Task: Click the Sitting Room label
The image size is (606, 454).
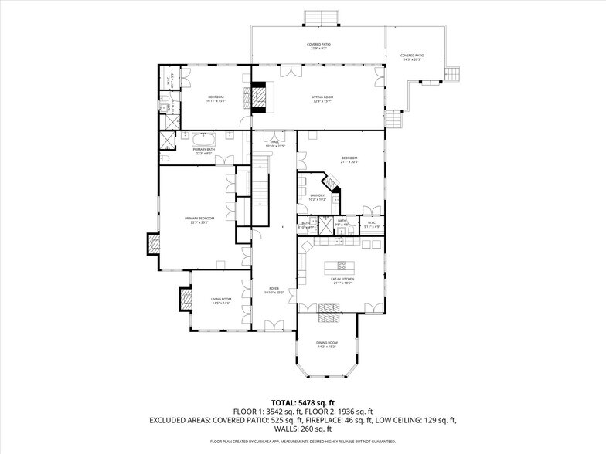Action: pos(322,97)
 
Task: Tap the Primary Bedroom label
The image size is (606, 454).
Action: pos(199,219)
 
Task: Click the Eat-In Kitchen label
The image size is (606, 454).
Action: pos(342,281)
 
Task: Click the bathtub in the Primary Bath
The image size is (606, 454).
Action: pos(203,139)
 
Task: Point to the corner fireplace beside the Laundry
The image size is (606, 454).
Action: pos(332,184)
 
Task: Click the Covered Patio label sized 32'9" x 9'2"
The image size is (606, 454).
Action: pos(318,45)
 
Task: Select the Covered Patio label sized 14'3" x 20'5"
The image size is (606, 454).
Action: pos(412,56)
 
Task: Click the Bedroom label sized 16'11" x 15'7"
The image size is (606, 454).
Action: pos(215,97)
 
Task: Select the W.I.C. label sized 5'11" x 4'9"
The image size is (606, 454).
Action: pos(371,224)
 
